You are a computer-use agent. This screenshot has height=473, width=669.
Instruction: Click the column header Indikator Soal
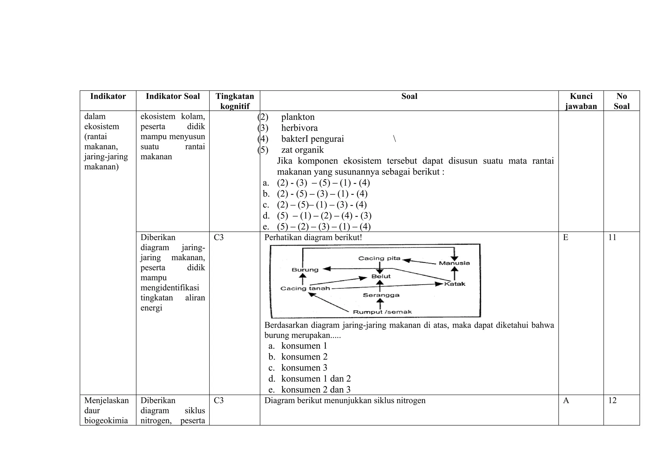point(172,96)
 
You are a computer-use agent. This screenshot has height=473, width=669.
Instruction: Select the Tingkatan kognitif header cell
point(235,101)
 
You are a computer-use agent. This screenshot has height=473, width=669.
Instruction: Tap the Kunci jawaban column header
point(581,101)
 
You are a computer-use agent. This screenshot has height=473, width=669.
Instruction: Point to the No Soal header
point(621,101)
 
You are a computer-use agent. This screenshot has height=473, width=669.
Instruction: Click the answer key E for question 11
point(566,237)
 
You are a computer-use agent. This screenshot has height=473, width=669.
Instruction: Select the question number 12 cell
point(612,400)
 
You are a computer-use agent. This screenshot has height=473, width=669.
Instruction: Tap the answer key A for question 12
point(566,400)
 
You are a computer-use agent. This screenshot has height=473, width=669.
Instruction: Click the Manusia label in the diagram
point(454,263)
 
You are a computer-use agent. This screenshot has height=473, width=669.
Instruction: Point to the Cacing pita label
point(379,258)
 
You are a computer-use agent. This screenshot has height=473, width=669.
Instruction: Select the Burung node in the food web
point(305,270)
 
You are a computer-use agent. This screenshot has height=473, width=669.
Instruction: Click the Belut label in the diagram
point(381,276)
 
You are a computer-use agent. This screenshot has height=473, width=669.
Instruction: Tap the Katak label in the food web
point(455,284)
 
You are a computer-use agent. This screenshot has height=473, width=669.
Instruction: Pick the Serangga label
point(381,295)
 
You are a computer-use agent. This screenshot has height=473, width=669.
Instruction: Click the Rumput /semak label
point(382,312)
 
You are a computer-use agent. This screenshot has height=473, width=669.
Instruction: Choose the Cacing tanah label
point(305,288)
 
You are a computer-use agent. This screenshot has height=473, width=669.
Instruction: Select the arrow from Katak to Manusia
point(454,273)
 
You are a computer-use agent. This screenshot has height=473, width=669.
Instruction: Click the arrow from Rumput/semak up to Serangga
point(380,304)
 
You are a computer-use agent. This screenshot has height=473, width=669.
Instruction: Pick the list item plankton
point(298,117)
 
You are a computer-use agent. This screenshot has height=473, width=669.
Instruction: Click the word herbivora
point(299,128)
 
